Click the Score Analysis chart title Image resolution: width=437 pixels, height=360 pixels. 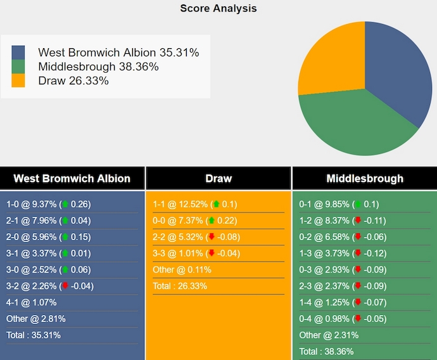218,8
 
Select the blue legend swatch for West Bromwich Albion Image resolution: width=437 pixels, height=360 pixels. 18,53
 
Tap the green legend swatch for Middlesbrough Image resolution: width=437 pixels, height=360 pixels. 18,67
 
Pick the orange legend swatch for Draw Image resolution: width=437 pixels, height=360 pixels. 18,80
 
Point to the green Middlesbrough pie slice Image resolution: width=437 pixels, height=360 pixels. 355,124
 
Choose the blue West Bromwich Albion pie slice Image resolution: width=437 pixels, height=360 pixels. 396,70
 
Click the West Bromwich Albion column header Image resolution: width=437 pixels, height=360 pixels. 72,178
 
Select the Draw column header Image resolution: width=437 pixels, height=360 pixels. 218,178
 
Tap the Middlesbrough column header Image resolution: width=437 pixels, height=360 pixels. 364,178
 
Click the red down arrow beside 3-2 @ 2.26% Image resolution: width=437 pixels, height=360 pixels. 65,286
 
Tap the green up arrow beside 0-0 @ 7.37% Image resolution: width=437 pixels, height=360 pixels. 211,221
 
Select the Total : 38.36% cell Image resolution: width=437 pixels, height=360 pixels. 326,351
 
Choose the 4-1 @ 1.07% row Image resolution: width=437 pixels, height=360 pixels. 32,302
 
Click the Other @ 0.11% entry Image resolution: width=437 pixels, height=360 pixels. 182,269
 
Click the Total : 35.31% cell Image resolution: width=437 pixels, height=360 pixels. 34,335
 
